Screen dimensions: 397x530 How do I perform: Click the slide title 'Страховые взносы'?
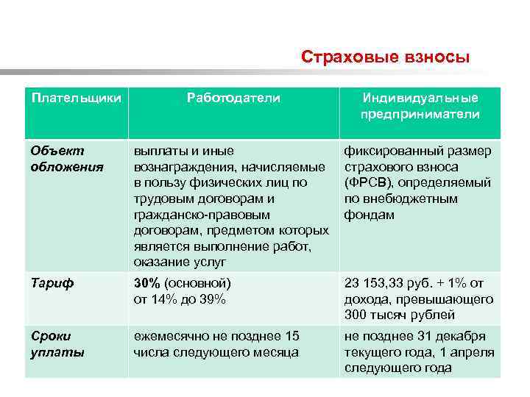coord(385,57)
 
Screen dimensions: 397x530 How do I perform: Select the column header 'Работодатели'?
coord(233,98)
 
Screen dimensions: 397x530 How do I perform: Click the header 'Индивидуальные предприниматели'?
coord(420,107)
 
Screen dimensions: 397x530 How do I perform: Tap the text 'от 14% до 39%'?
coord(180,299)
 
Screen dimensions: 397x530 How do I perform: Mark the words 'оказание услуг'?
coord(180,262)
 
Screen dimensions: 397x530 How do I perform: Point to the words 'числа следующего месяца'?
coord(216,352)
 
